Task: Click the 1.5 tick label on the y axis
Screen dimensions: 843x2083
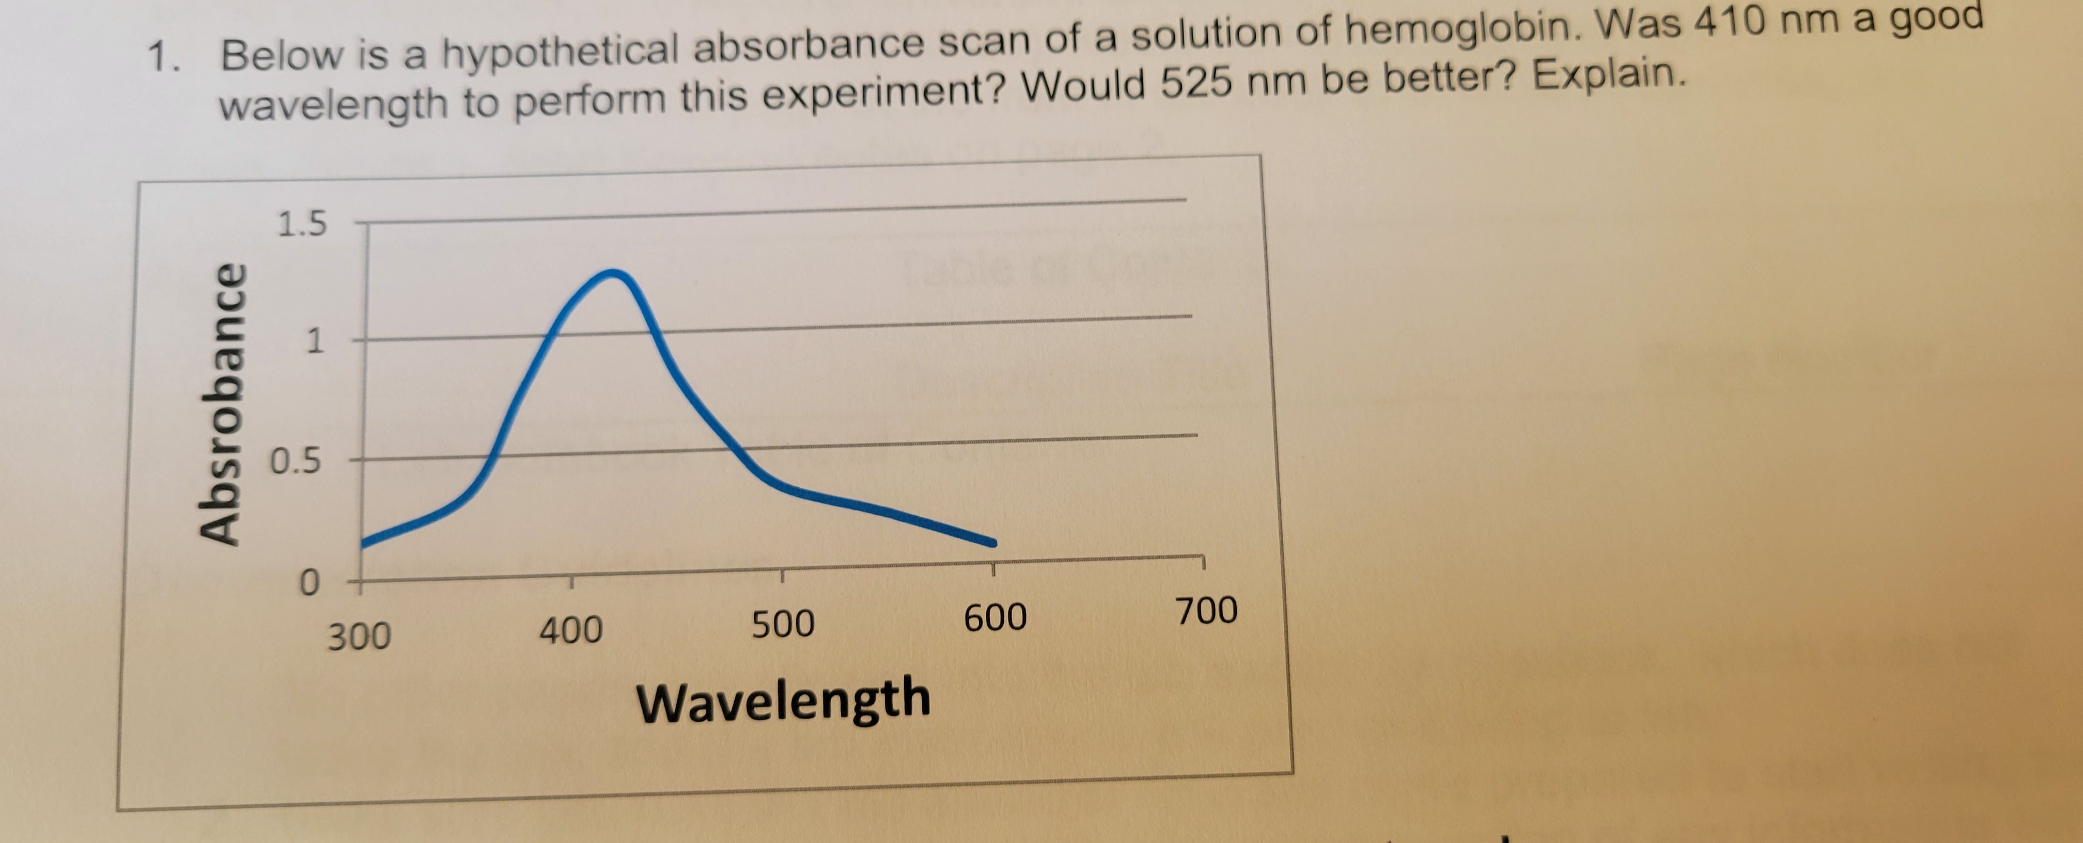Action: (x=302, y=224)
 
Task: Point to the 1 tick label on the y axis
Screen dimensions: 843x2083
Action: (x=314, y=342)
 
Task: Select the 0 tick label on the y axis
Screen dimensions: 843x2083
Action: (x=308, y=583)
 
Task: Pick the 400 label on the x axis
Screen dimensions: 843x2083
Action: (x=571, y=630)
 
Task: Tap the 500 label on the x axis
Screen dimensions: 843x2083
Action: (x=783, y=625)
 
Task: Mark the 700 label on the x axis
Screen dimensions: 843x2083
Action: (x=1206, y=611)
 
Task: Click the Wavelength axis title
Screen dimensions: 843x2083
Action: (x=783, y=701)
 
